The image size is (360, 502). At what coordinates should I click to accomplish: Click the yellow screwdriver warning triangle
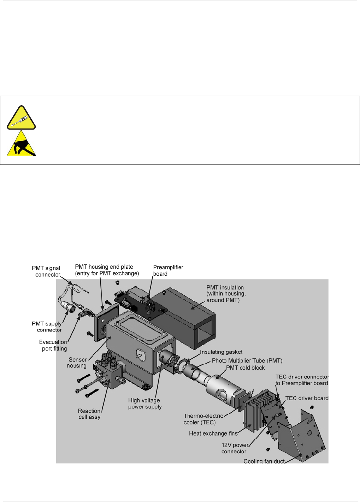tap(21, 118)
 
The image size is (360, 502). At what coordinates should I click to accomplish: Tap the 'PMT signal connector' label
tap(46, 271)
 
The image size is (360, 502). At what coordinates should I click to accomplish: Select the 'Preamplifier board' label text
tap(168, 270)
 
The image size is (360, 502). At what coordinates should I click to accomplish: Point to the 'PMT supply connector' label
tap(47, 327)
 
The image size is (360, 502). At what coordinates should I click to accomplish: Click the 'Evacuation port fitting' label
tap(53, 345)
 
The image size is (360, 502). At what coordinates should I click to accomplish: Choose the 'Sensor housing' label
tap(77, 363)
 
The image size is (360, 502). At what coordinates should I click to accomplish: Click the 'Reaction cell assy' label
tap(89, 414)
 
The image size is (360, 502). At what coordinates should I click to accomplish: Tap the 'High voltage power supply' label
tap(144, 404)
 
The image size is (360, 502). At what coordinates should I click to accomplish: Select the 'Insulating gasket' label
tap(221, 352)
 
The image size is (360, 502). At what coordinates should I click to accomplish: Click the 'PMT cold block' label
tap(245, 368)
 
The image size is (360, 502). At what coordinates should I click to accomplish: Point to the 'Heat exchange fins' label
tap(213, 434)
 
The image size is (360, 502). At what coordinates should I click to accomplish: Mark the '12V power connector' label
tap(235, 448)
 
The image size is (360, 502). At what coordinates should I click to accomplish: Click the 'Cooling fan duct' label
tap(264, 461)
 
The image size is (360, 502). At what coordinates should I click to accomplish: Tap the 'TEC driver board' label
tap(307, 398)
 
